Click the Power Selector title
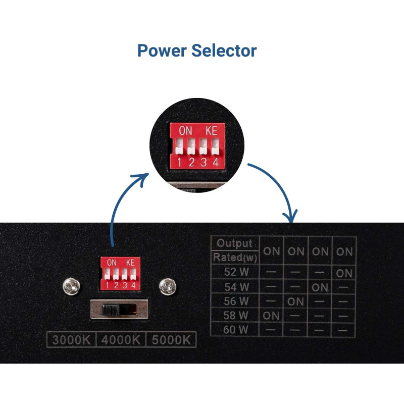coord(197,50)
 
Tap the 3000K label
coord(71,339)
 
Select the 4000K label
coord(120,339)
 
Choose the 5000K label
coord(170,339)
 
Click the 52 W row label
coord(236,272)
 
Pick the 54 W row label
coord(236,287)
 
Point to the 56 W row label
coord(236,301)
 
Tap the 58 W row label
coord(236,316)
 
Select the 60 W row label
coord(236,330)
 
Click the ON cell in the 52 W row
coord(344,273)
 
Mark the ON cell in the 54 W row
coord(320,287)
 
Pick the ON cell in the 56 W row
coord(296,302)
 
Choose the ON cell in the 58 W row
coord(272,316)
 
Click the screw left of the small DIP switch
coord(70,287)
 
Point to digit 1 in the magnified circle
coord(179,162)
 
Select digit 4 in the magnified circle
coord(215,162)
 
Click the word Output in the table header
coord(234,243)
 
